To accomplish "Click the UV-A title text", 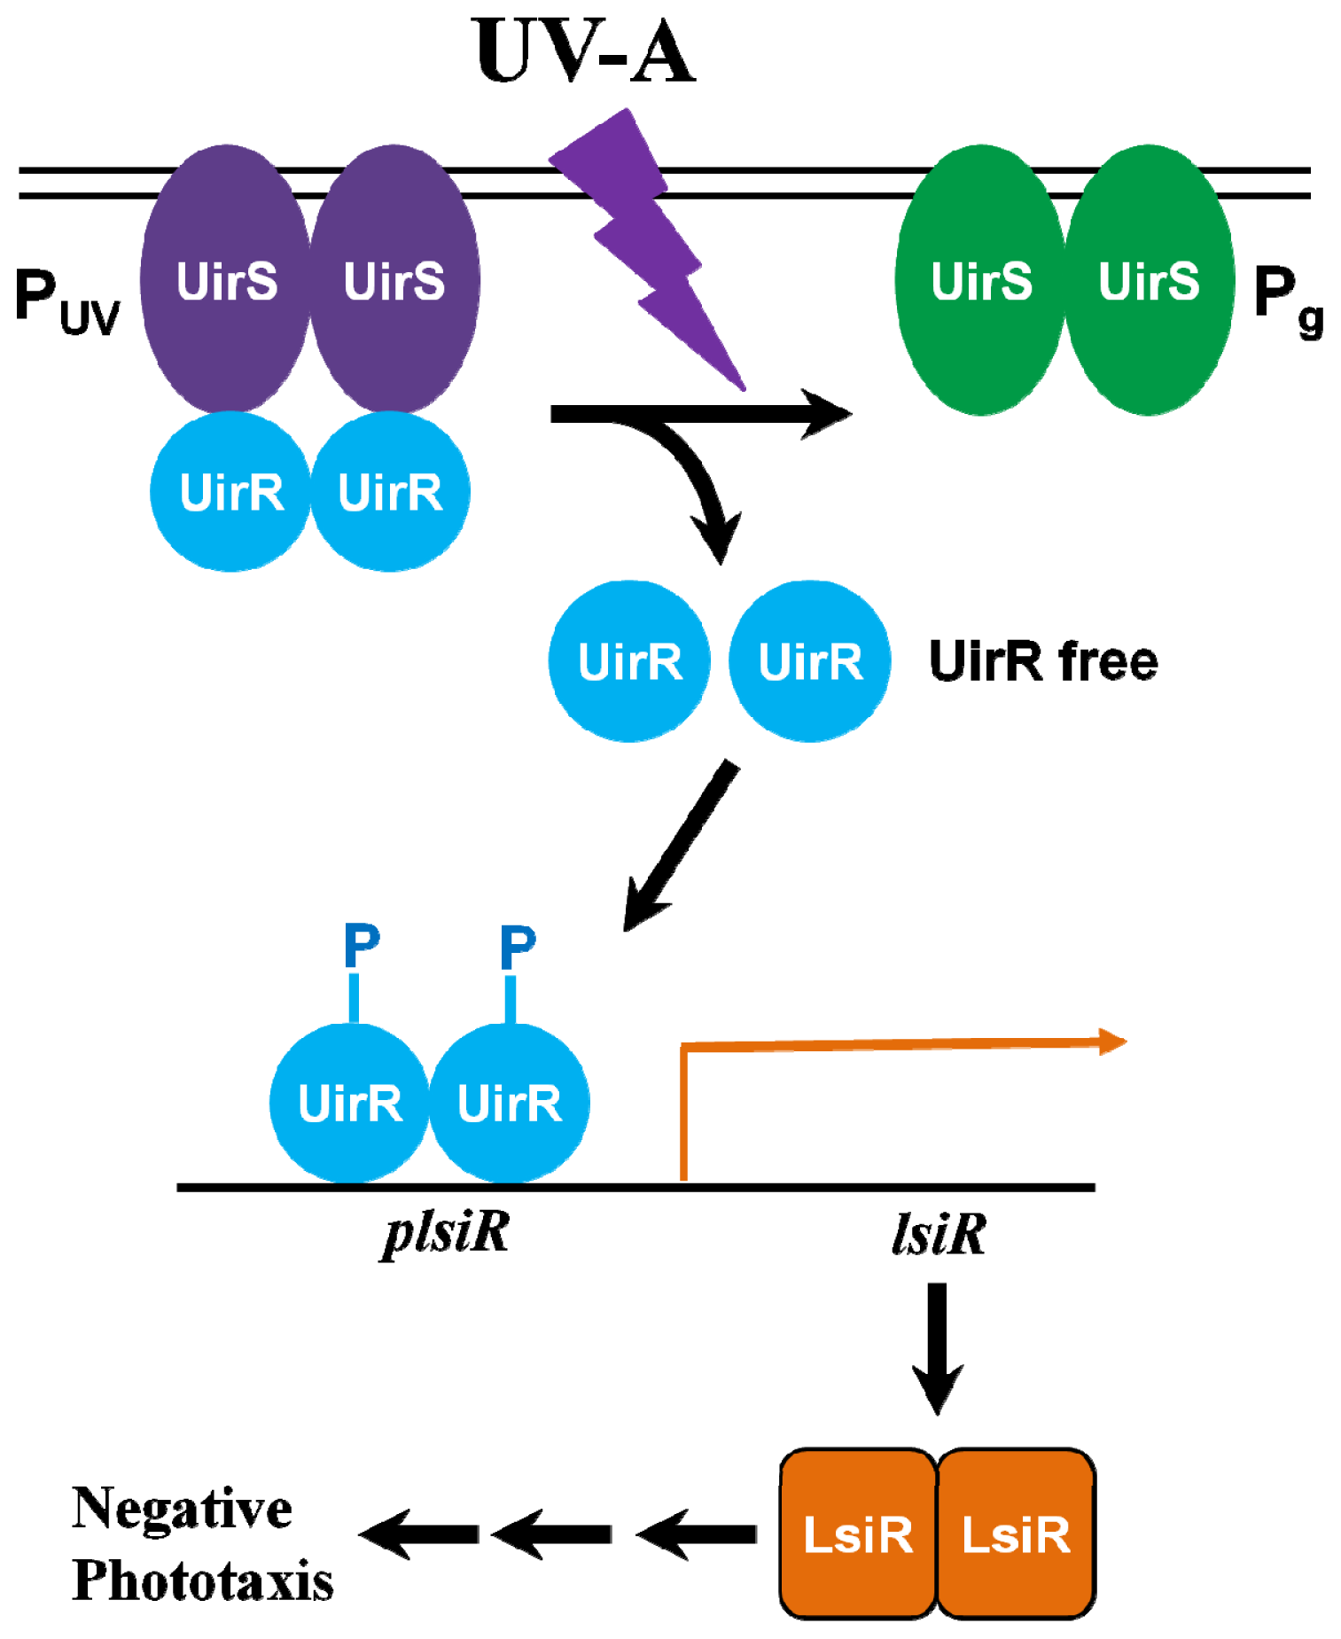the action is coord(584,51).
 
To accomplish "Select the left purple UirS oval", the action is coord(226,279).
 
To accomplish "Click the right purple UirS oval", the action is coord(394,279).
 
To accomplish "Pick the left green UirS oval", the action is coord(981,279).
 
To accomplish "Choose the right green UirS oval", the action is coord(1150,279).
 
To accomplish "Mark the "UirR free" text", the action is coord(1043,661).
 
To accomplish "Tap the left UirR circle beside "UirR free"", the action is coord(629,661).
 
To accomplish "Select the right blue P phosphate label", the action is coord(518,947).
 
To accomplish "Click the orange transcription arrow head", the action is coord(1112,1042).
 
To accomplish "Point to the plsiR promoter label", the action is coord(446,1233).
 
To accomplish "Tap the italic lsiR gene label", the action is coord(939,1233).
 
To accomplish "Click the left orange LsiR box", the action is coord(858,1534).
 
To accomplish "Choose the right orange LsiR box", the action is coord(1017,1534).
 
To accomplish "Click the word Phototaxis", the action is coord(203,1580).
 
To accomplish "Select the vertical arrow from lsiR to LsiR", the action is coord(938,1348).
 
